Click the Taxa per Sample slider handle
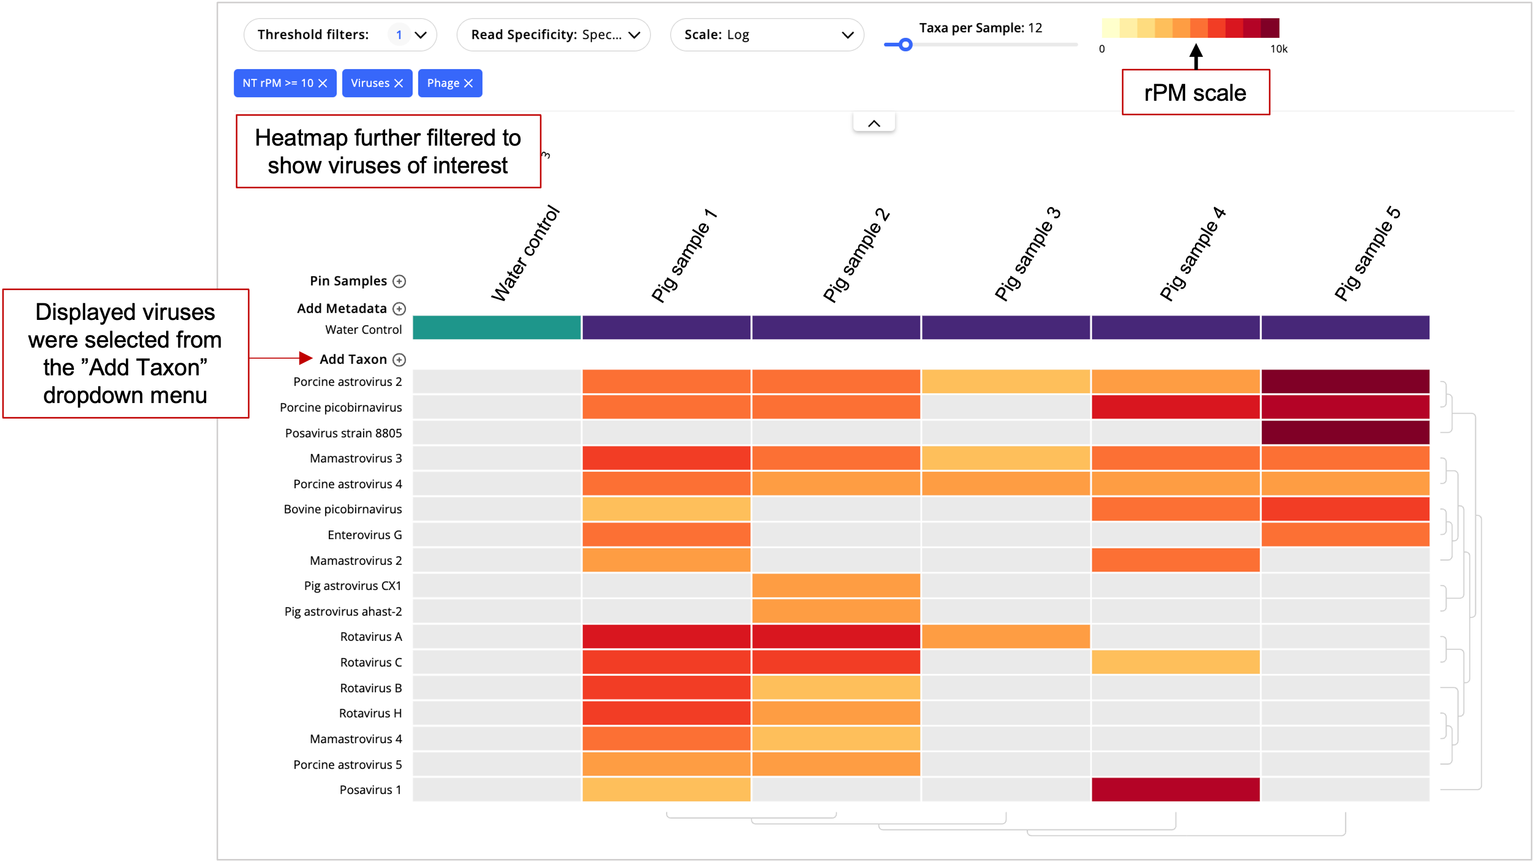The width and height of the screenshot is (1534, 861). click(x=905, y=45)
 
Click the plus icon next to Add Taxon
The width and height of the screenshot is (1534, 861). click(x=400, y=360)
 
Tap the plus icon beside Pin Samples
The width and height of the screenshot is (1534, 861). click(x=400, y=281)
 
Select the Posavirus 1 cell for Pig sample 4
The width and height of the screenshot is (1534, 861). click(x=1175, y=789)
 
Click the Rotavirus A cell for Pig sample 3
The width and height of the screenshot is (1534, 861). click(x=1005, y=636)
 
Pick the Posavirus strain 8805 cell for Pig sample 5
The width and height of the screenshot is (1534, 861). click(x=1345, y=433)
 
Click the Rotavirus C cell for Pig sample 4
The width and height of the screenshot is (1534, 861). click(x=1175, y=662)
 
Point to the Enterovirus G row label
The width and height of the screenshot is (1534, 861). click(x=364, y=535)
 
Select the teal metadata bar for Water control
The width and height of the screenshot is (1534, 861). click(x=496, y=327)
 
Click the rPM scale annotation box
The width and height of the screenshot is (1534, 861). click(x=1195, y=92)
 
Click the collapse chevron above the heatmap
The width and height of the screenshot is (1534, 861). click(x=873, y=123)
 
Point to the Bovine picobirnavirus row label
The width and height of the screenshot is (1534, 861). click(x=342, y=509)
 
